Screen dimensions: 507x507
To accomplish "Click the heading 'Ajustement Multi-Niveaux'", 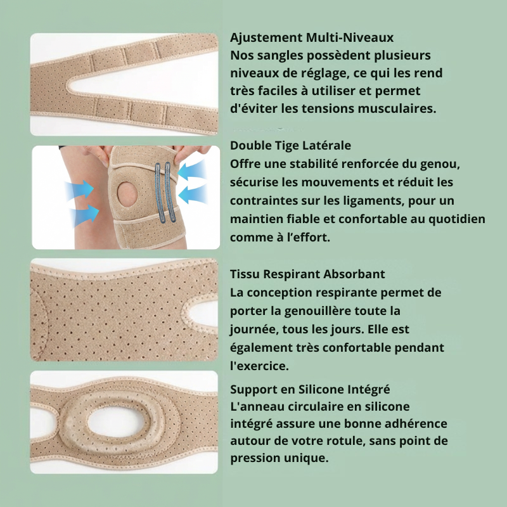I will (x=312, y=37).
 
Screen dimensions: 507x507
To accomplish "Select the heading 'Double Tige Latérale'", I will (x=290, y=146).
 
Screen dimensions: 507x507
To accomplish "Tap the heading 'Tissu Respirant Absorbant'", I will (x=307, y=274).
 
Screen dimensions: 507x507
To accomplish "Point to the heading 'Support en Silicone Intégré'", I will (x=310, y=389).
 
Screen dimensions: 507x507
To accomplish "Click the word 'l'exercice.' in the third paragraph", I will (x=259, y=366).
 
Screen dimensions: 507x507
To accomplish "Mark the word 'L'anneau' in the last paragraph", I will (x=256, y=406).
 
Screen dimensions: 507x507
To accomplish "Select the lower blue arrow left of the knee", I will (x=86, y=214).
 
